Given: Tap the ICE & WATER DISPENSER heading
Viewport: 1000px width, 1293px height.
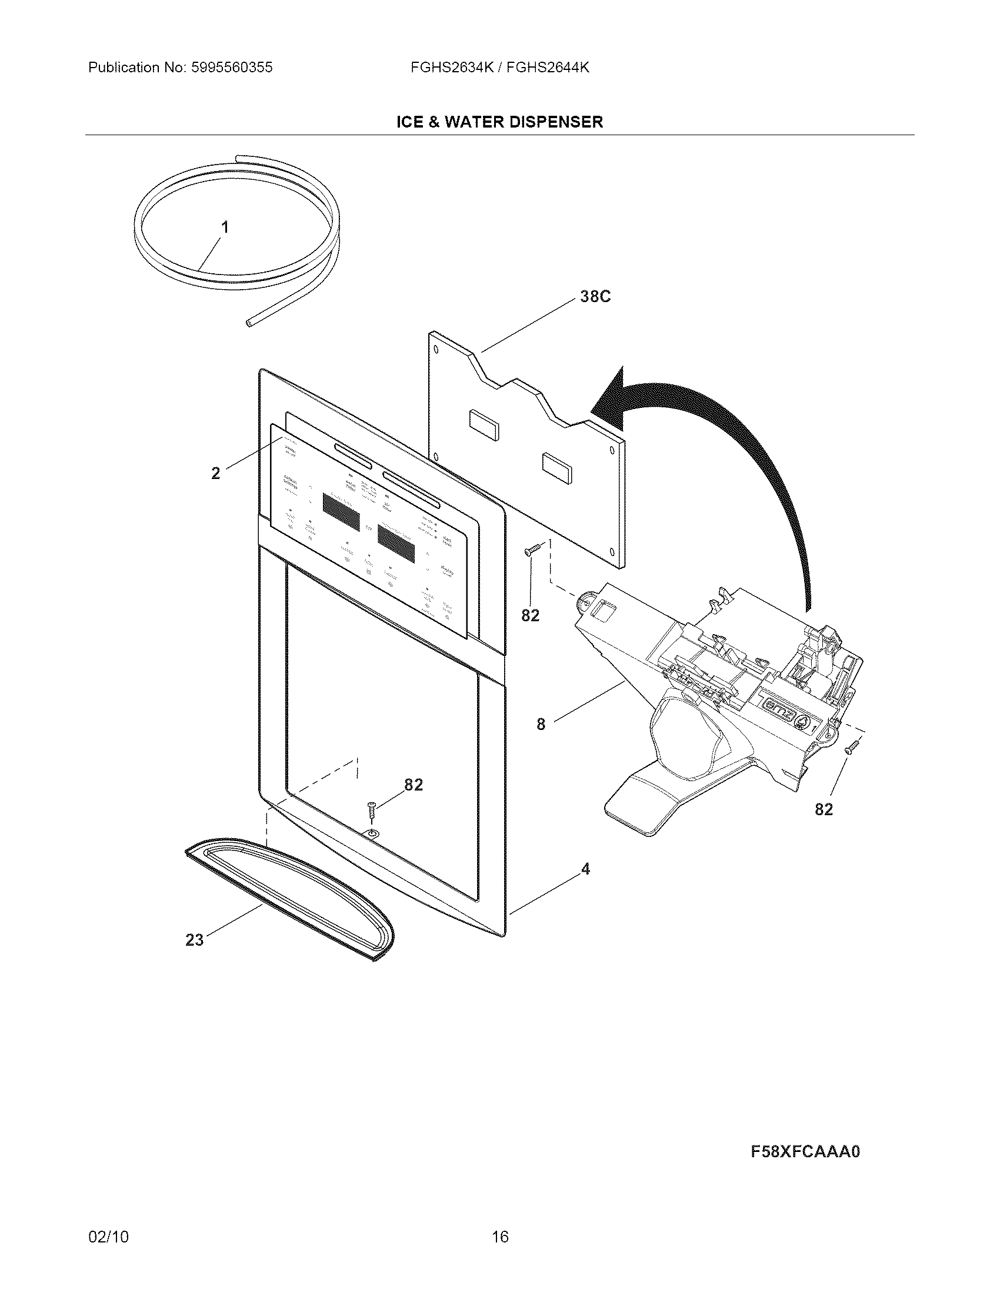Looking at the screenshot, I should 499,122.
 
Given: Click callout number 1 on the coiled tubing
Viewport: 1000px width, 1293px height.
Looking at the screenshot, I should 225,227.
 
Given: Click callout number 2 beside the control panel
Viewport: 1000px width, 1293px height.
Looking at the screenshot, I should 216,473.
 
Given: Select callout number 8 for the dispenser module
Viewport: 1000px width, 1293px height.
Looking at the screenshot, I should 540,723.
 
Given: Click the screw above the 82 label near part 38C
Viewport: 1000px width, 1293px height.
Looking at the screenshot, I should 529,550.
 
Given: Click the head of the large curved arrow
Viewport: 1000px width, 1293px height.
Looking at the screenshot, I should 610,398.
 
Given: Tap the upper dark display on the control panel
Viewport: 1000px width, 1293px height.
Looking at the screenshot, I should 341,511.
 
